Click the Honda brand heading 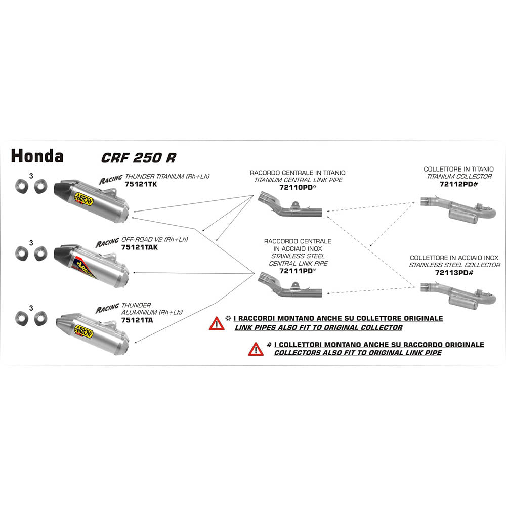[x=37, y=156]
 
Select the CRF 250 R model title [x=138, y=157]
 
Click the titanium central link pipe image [x=290, y=206]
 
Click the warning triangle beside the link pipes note [x=216, y=323]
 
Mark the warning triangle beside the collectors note [x=256, y=349]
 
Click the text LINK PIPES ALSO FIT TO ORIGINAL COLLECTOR [x=318, y=328]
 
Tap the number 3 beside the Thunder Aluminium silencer [x=31, y=307]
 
